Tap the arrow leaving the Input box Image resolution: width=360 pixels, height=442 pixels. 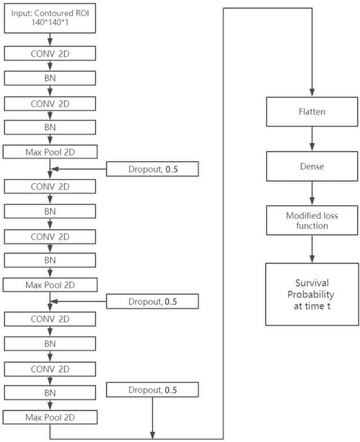point(49,39)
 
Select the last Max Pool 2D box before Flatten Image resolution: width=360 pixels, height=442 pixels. point(49,417)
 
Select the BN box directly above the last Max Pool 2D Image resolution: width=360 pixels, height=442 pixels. point(49,392)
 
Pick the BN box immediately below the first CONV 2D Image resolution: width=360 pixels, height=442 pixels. point(49,78)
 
